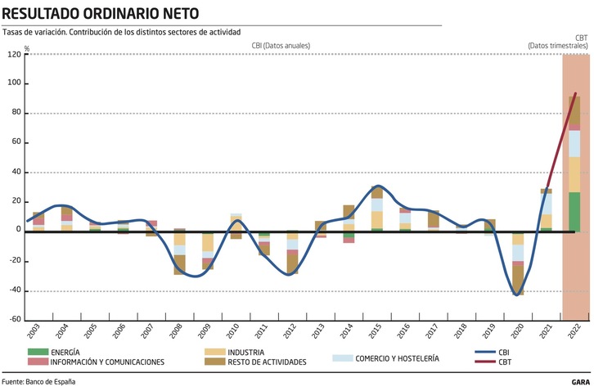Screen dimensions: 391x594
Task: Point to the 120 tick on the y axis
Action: click(14, 55)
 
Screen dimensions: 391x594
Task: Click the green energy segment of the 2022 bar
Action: click(575, 211)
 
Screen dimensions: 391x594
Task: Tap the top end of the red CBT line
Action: click(576, 93)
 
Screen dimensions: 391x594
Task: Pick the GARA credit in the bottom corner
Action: click(582, 382)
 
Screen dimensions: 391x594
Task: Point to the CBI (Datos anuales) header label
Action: click(281, 46)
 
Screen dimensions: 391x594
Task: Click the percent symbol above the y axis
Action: click(27, 49)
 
